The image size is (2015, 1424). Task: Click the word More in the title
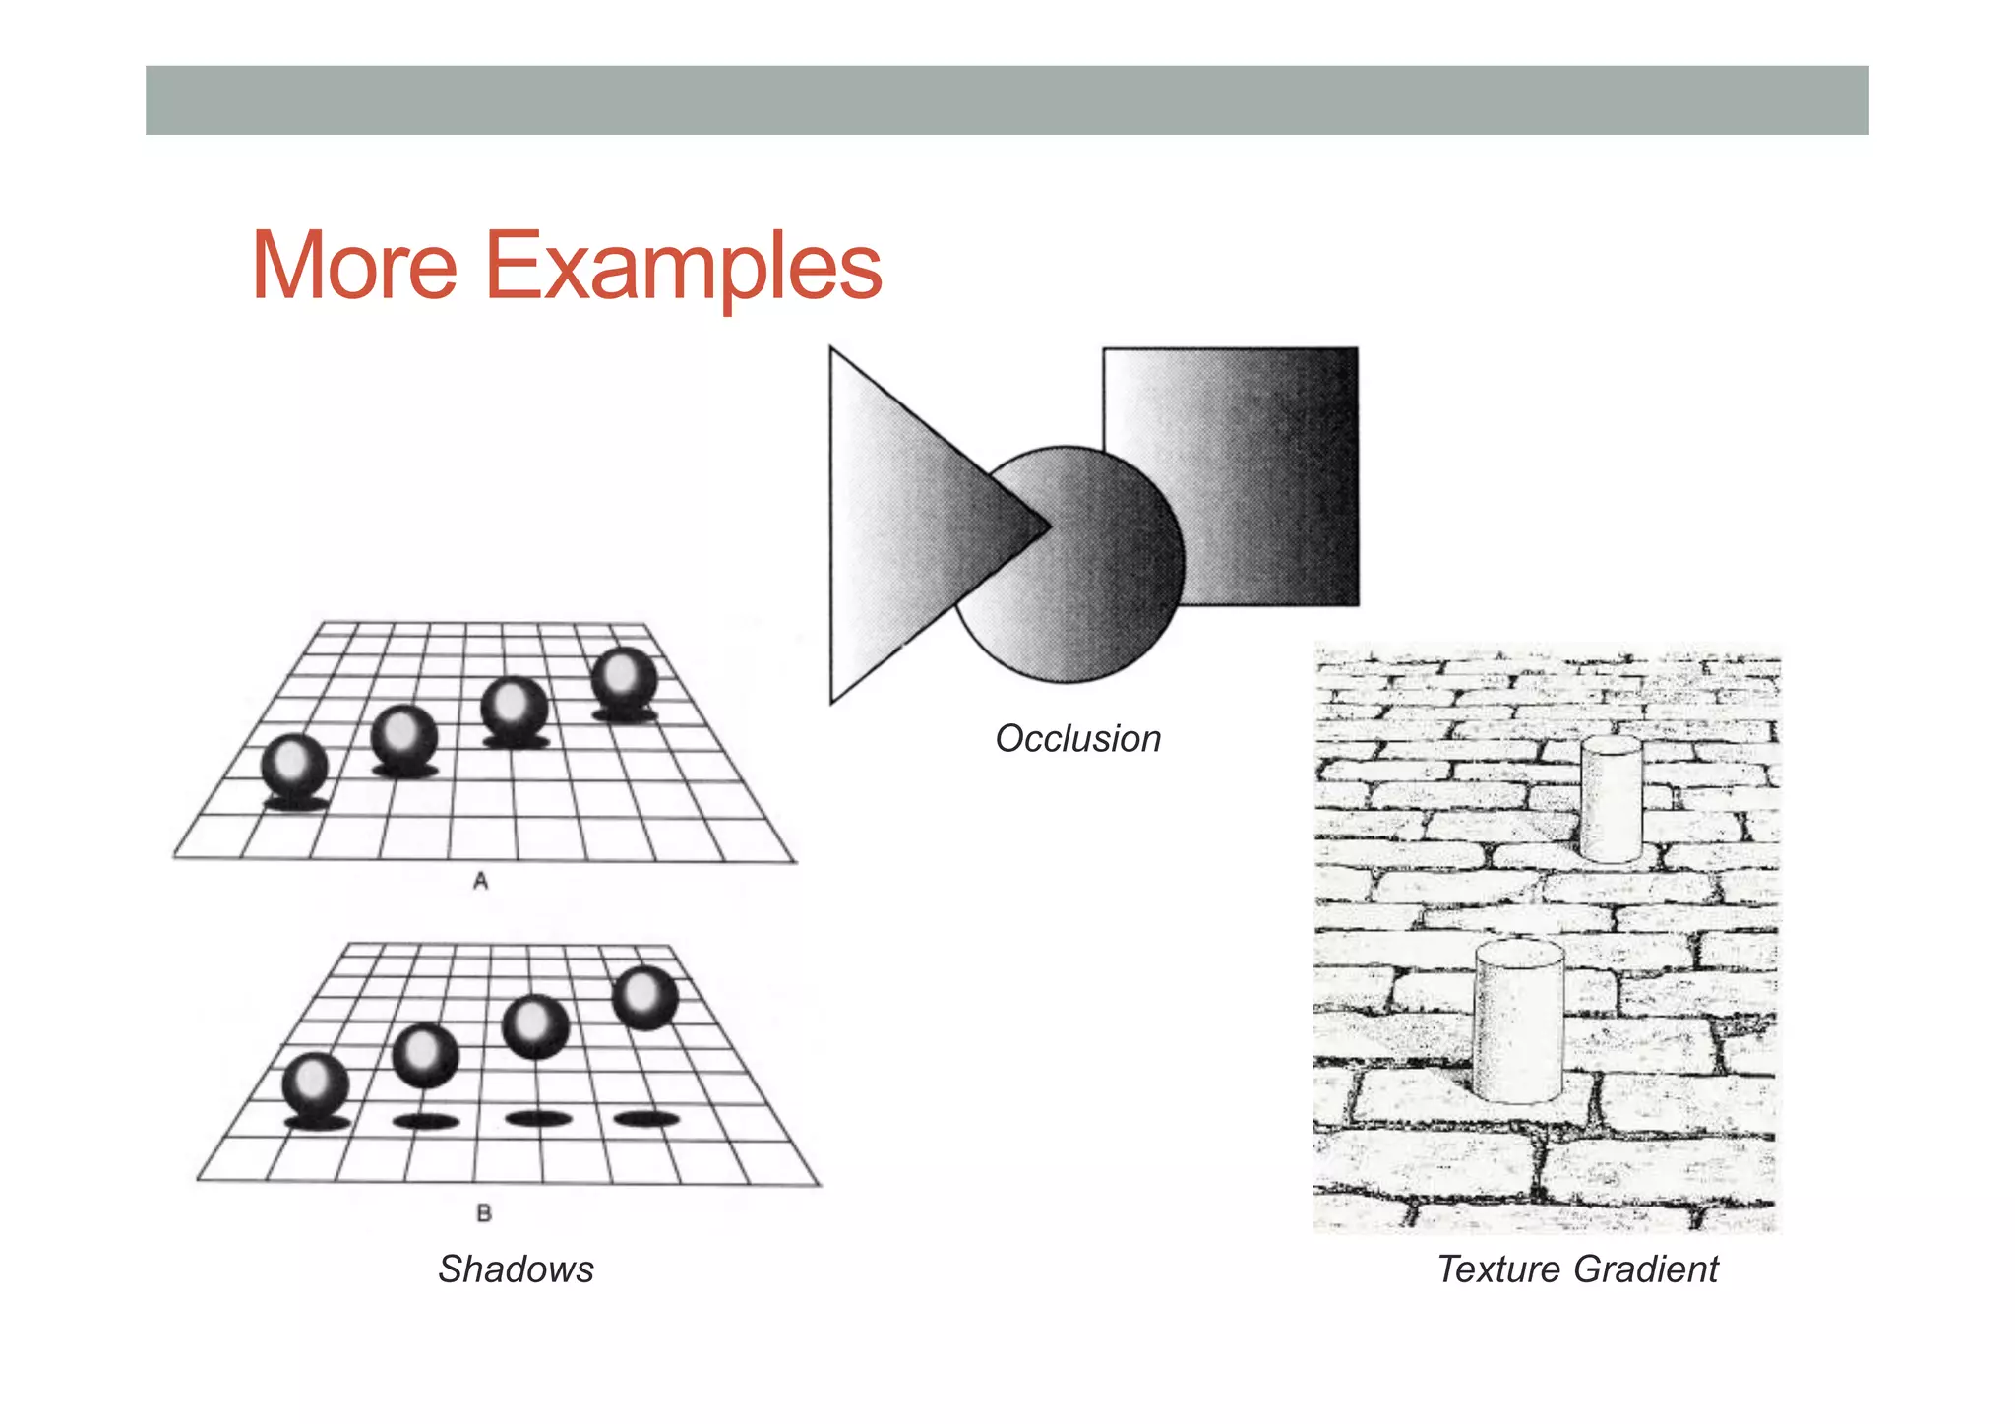coord(354,266)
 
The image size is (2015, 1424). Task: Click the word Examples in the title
coord(683,268)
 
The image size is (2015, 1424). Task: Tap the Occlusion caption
coord(1077,738)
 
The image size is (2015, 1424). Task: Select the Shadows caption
coord(516,1269)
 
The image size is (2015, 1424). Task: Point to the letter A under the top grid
coord(480,881)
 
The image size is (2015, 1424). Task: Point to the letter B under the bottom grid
coord(484,1213)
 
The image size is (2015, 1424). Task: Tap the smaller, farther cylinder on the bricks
coord(1611,799)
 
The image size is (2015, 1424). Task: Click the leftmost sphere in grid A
coord(294,767)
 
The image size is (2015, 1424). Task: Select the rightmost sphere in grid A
coord(624,678)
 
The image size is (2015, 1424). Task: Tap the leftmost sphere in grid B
coord(315,1084)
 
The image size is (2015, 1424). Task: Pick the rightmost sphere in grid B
coord(645,998)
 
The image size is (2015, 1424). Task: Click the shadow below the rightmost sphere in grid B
coord(646,1118)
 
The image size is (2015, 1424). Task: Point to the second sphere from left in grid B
coord(425,1055)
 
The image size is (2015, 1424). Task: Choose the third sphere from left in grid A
coord(514,708)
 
